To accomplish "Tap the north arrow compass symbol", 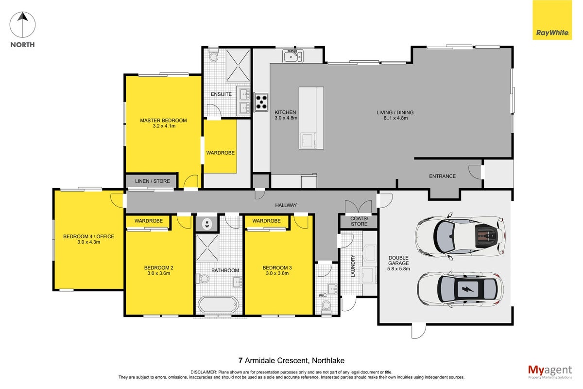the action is [23, 25].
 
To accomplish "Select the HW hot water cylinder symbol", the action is [207, 224].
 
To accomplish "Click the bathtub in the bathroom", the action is [218, 304].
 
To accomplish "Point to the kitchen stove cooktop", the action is [261, 102].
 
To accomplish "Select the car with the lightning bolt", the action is [461, 289].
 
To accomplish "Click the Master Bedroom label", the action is [163, 121].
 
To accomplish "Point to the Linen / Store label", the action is [153, 181].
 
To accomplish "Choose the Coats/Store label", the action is [359, 221].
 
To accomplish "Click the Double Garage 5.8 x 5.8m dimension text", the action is [398, 268].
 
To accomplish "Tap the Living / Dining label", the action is [395, 112].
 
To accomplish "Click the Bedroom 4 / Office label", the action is [89, 236].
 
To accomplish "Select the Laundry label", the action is [353, 266].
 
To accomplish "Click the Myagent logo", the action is [550, 371].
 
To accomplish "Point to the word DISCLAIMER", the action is [204, 372].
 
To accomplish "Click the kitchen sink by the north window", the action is [293, 56].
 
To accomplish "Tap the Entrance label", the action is [443, 176].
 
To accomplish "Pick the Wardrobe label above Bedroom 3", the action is [267, 221].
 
